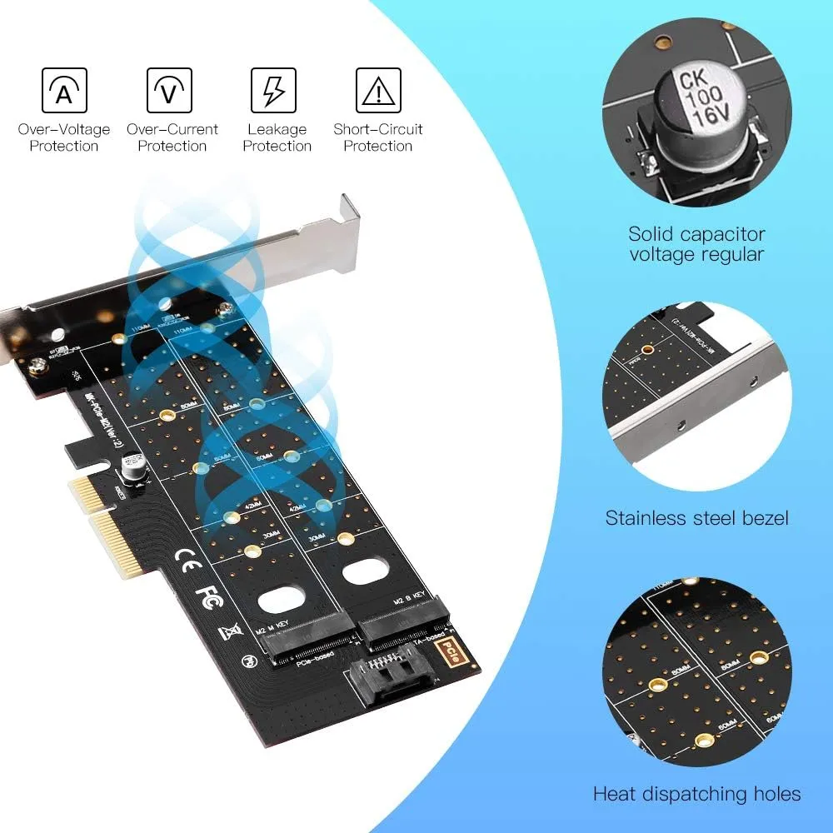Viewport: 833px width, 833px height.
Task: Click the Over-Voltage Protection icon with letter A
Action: tap(64, 91)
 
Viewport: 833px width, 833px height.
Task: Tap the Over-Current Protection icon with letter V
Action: tap(170, 91)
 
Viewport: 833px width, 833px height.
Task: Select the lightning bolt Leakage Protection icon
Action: tap(274, 91)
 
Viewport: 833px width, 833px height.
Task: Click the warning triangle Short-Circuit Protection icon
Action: tap(378, 91)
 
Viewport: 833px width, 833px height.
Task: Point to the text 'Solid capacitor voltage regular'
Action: tap(696, 244)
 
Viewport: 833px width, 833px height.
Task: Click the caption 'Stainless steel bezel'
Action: tap(696, 518)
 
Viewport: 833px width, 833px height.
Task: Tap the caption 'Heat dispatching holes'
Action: tap(696, 794)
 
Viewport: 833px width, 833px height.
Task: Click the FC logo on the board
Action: tap(207, 592)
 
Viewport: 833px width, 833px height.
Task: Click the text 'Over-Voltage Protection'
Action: tap(64, 137)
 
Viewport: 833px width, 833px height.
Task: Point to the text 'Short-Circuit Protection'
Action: tap(378, 137)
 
